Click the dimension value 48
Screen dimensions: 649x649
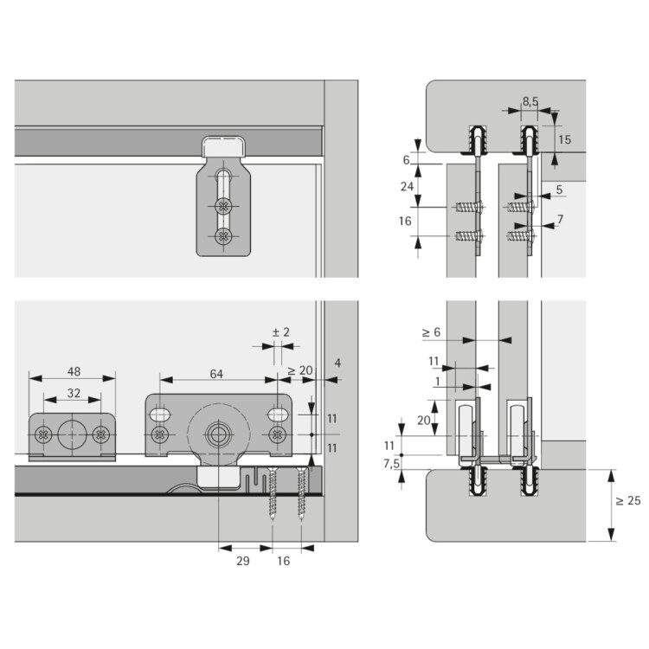coord(74,373)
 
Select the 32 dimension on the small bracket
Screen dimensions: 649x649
coord(74,393)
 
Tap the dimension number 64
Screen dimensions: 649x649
coord(216,373)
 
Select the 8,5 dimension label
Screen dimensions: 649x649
coord(530,102)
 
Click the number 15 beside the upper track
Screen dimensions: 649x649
coord(564,138)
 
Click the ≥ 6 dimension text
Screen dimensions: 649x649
coord(430,331)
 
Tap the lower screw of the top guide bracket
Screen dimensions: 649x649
coord(224,235)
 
